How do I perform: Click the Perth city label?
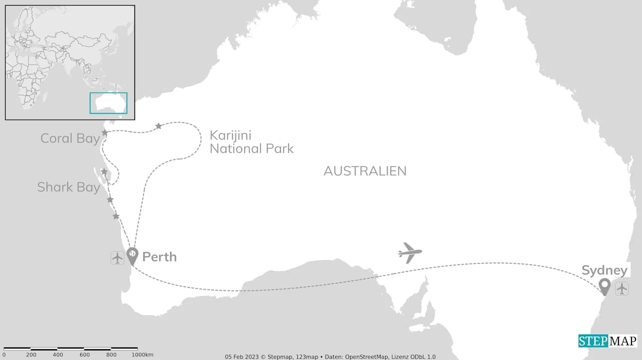[159, 257]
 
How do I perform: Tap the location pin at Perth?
[132, 255]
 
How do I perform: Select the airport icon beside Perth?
[117, 258]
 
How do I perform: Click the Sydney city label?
[604, 271]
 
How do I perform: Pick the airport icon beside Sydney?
[622, 288]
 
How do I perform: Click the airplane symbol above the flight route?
[410, 252]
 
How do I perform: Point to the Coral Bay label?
[70, 138]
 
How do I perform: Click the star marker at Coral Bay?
[105, 132]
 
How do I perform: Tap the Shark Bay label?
[69, 187]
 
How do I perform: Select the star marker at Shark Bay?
[104, 171]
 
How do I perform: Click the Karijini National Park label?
[251, 142]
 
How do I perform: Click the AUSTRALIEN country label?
[365, 171]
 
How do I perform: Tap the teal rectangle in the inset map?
[108, 103]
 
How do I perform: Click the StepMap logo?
[607, 341]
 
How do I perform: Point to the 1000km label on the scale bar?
[143, 355]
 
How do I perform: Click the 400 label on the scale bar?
[58, 355]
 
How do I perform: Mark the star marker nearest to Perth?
[116, 216]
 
